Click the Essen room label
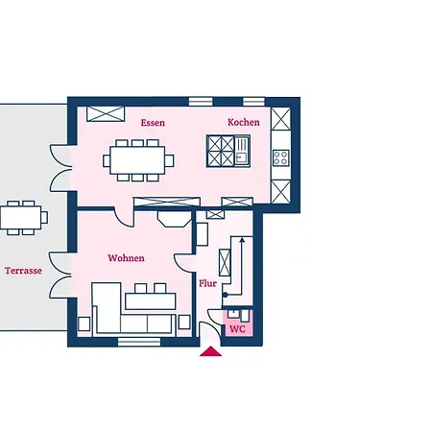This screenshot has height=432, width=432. [153, 123]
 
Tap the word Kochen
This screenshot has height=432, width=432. [244, 122]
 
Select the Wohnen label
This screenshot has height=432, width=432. [126, 258]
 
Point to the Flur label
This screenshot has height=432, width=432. [207, 283]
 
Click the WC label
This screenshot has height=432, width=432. [237, 329]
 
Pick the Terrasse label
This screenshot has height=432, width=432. [23, 271]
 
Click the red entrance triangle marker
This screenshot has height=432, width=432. [210, 351]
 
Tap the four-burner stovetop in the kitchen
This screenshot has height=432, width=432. [281, 157]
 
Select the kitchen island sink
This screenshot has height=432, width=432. [242, 151]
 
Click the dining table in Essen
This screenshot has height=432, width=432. [137, 160]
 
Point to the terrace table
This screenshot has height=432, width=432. [21, 218]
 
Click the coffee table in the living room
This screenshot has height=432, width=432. [151, 301]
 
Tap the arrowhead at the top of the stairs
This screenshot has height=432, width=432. [242, 240]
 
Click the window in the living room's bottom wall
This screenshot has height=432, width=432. [139, 342]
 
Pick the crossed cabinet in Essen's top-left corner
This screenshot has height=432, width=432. [106, 114]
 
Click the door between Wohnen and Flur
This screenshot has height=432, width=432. [184, 263]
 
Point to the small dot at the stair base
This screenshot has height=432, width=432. [226, 295]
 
